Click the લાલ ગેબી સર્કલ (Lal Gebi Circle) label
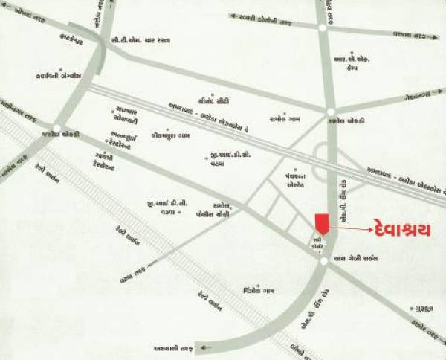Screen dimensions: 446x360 tap(359, 258)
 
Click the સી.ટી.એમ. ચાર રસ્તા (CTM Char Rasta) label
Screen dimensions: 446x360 tap(140, 40)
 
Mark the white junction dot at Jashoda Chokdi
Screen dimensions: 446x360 tap(57, 127)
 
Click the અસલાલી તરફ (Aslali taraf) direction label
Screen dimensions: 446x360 tap(173, 348)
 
